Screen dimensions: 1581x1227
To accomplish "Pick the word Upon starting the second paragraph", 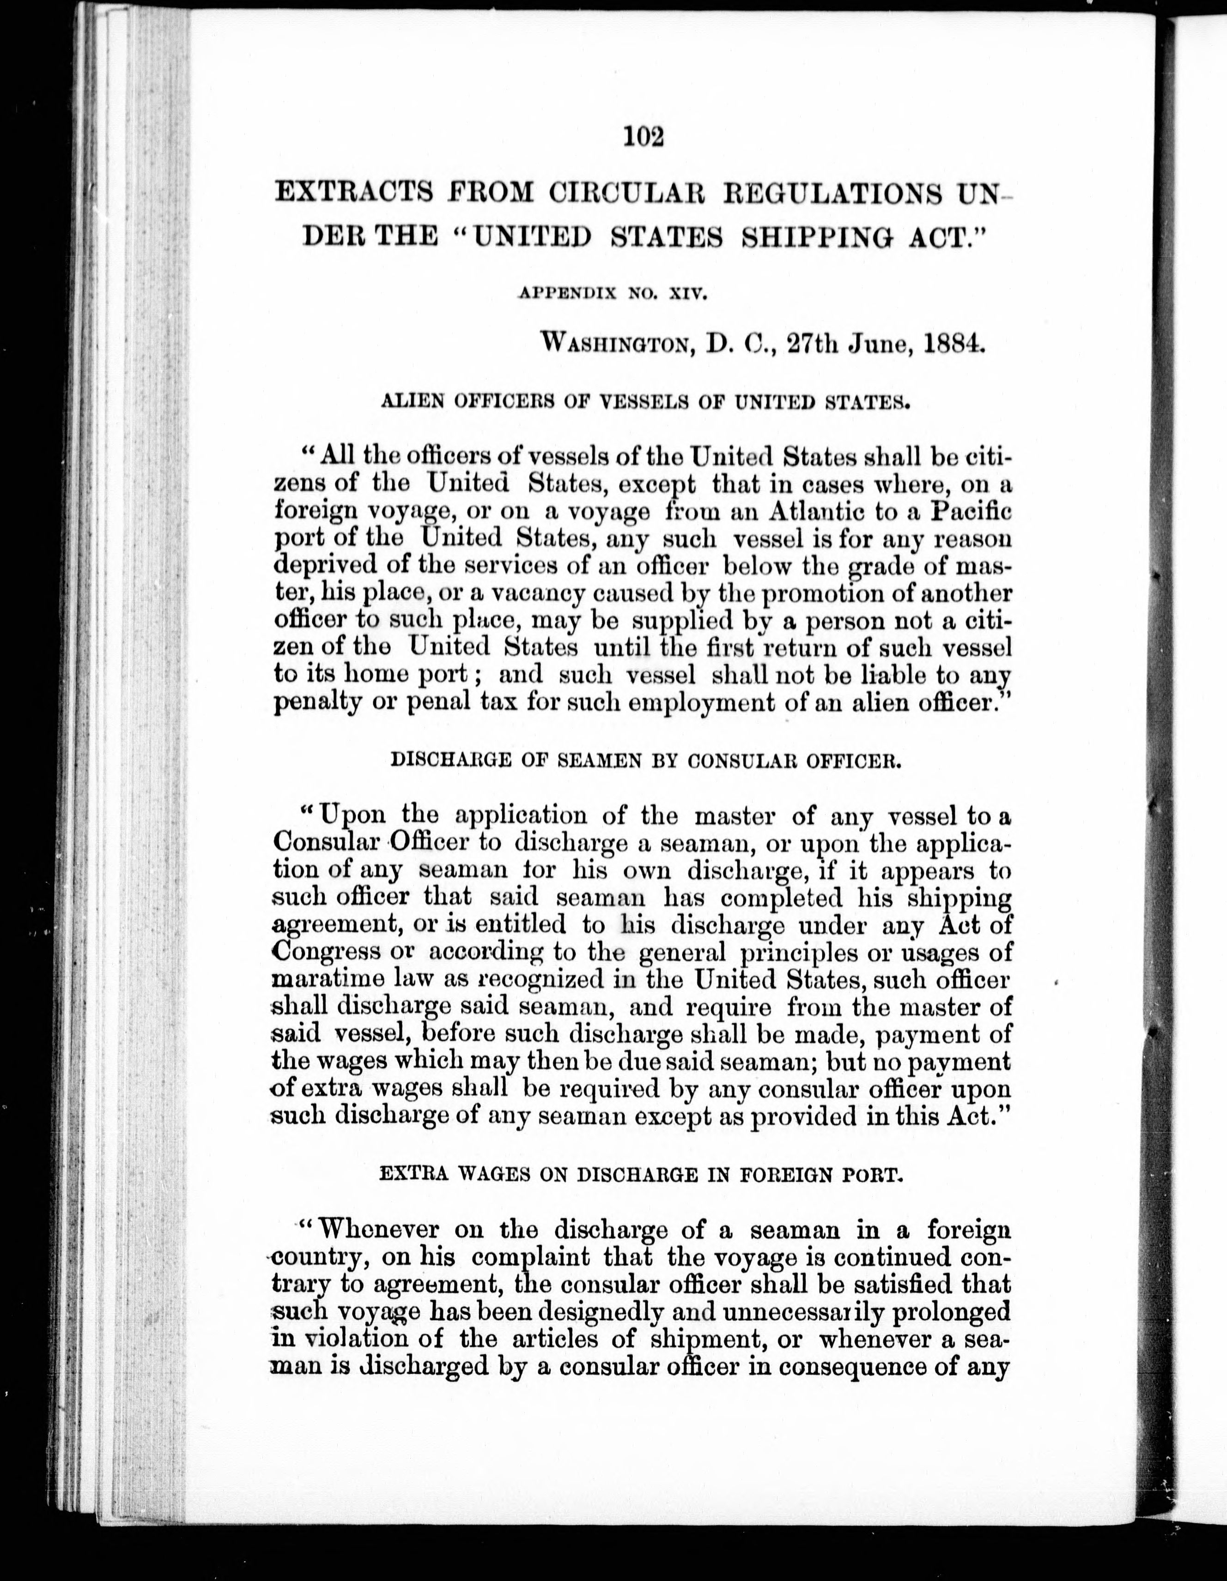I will coord(353,816).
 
